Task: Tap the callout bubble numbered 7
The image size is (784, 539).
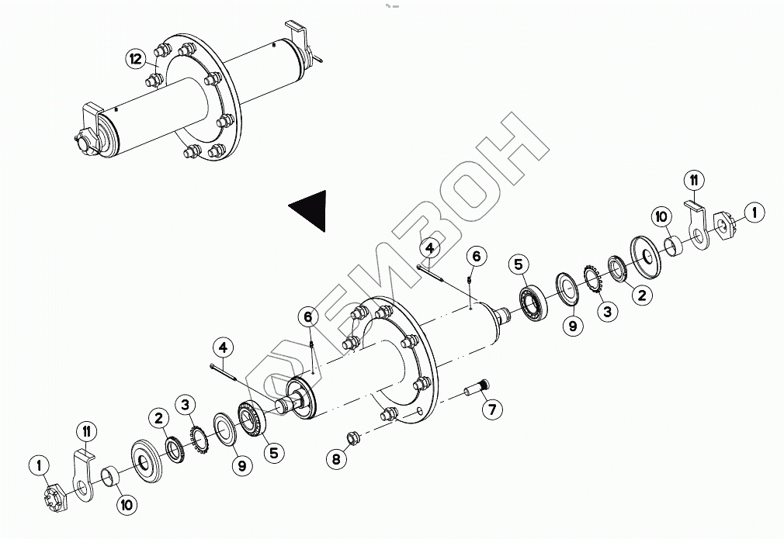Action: (491, 409)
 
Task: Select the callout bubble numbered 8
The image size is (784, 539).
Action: (336, 460)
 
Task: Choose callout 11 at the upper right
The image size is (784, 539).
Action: (694, 181)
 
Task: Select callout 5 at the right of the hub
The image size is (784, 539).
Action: (519, 264)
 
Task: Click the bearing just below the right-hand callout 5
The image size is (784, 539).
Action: (533, 304)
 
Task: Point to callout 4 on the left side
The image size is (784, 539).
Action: (223, 347)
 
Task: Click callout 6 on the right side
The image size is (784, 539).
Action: (477, 255)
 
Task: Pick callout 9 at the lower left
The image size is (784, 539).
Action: (241, 465)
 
